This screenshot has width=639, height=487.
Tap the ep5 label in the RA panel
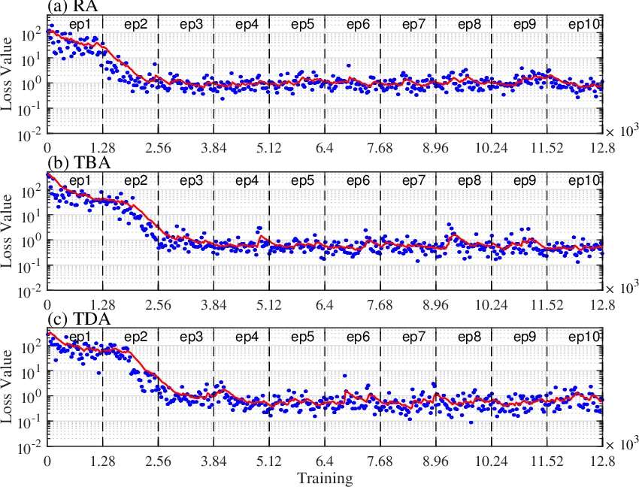(x=302, y=25)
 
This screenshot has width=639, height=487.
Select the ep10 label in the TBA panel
(x=584, y=180)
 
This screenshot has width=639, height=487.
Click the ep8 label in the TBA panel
(x=470, y=180)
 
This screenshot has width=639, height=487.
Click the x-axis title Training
(x=324, y=478)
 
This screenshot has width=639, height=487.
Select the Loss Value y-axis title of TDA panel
(x=8, y=389)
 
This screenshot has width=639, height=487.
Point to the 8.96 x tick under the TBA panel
(x=435, y=305)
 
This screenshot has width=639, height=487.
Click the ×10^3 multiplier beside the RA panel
(x=620, y=131)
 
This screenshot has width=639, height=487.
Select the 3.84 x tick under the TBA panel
(x=214, y=305)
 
